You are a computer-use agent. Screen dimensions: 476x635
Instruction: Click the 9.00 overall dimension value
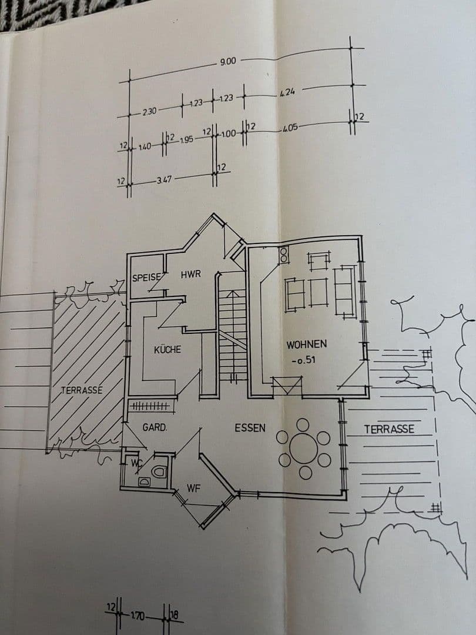point(228,62)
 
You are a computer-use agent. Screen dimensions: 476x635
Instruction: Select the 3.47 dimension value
point(165,180)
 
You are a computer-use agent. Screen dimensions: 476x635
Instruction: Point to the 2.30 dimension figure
point(149,111)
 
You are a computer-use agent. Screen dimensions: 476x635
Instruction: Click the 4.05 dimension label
point(290,128)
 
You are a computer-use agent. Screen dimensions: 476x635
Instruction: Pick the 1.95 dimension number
point(186,140)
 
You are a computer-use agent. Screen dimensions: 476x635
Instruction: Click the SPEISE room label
point(146,278)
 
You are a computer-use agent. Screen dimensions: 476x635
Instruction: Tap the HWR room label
point(190,274)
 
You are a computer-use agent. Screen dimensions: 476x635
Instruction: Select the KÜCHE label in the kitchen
point(167,349)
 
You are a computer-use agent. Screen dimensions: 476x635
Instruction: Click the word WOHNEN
point(306,345)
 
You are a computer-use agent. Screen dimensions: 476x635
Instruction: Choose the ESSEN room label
point(250,427)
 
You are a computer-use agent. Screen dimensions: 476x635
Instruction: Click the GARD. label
point(155,427)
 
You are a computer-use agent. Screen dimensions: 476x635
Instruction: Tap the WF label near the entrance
point(193,489)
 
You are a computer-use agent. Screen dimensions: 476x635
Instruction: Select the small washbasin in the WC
point(145,482)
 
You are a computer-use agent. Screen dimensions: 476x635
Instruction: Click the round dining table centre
point(304,449)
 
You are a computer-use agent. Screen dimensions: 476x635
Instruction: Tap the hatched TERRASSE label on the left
point(82,390)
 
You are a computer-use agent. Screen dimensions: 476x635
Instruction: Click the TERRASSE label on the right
point(389,429)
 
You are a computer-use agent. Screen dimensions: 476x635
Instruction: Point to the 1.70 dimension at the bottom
point(138,616)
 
